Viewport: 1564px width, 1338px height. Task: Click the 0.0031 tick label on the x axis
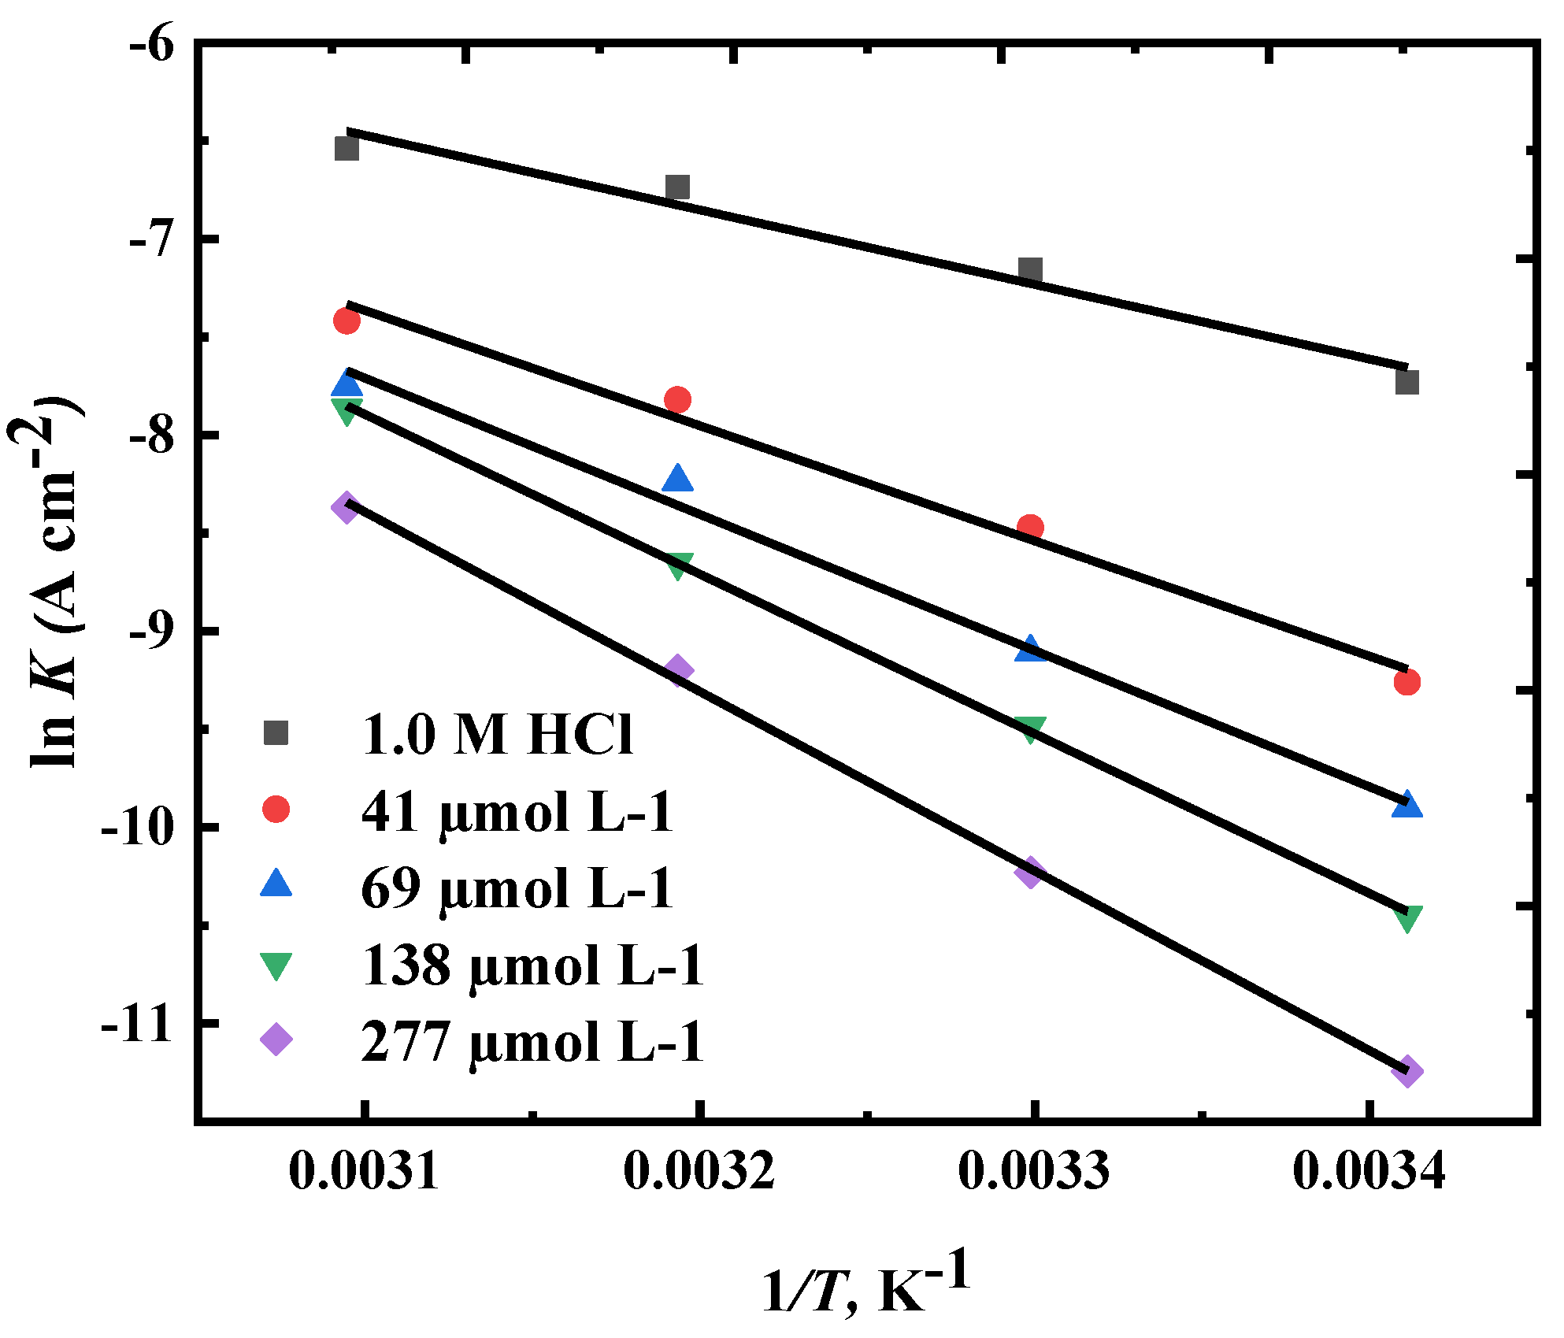coord(363,1171)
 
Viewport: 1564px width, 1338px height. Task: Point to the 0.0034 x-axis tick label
coord(1369,1171)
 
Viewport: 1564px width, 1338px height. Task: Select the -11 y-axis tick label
coord(138,1025)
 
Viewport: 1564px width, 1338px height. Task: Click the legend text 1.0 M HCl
coord(497,735)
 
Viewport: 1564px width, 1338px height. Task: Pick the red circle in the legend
coord(276,809)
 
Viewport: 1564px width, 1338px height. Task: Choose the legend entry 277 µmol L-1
coord(532,1042)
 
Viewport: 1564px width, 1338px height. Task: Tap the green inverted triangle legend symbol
coord(276,966)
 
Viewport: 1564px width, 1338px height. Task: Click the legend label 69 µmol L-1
coord(517,888)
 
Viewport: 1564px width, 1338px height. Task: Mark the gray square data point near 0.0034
coord(1406,383)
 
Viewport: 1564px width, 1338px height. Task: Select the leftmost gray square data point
coord(347,148)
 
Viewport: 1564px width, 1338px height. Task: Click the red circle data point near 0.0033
coord(1030,527)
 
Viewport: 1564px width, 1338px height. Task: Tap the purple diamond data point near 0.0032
coord(678,670)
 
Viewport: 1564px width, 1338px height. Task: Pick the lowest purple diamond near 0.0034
coord(1407,1072)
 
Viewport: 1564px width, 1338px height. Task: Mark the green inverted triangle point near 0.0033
coord(1030,728)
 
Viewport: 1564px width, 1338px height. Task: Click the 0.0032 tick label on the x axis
coord(699,1171)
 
